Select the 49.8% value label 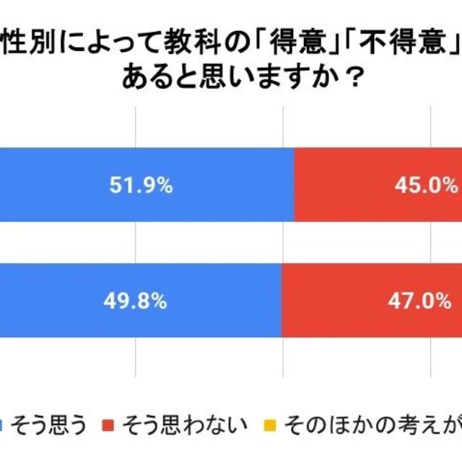click(141, 301)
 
